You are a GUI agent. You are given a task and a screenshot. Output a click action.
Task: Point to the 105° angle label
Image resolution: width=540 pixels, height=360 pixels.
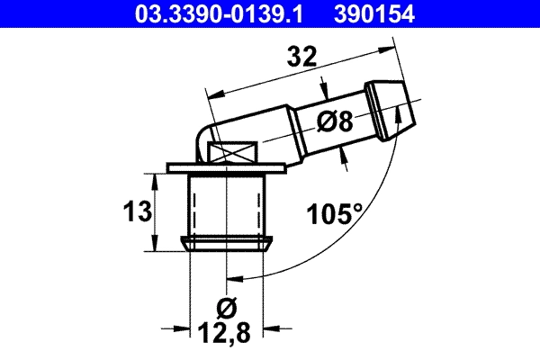(334, 214)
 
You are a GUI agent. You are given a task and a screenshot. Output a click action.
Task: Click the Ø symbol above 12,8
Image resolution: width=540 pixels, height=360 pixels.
(227, 308)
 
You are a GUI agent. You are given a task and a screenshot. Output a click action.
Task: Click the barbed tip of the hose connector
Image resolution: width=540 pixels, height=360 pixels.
(393, 104)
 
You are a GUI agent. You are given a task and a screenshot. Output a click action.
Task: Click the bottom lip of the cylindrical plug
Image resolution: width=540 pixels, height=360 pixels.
(228, 243)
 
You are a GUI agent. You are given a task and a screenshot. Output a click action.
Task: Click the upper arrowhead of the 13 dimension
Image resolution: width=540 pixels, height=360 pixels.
(158, 180)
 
